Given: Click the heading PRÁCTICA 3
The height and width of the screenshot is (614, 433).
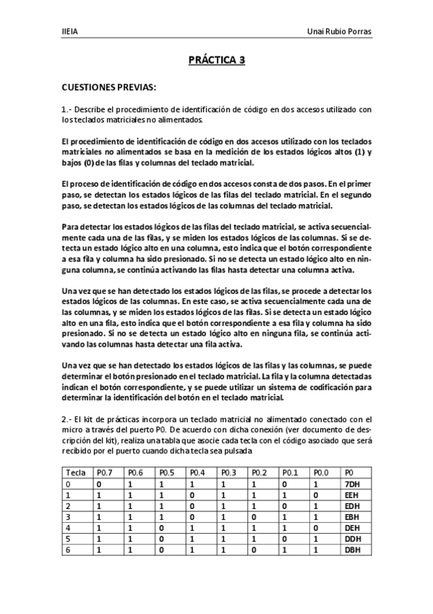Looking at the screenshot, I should pos(216,61).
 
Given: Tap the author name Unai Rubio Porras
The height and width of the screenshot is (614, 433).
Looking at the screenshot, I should pos(338,32).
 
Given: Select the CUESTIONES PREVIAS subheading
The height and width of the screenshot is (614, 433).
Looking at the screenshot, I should pos(108,88).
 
